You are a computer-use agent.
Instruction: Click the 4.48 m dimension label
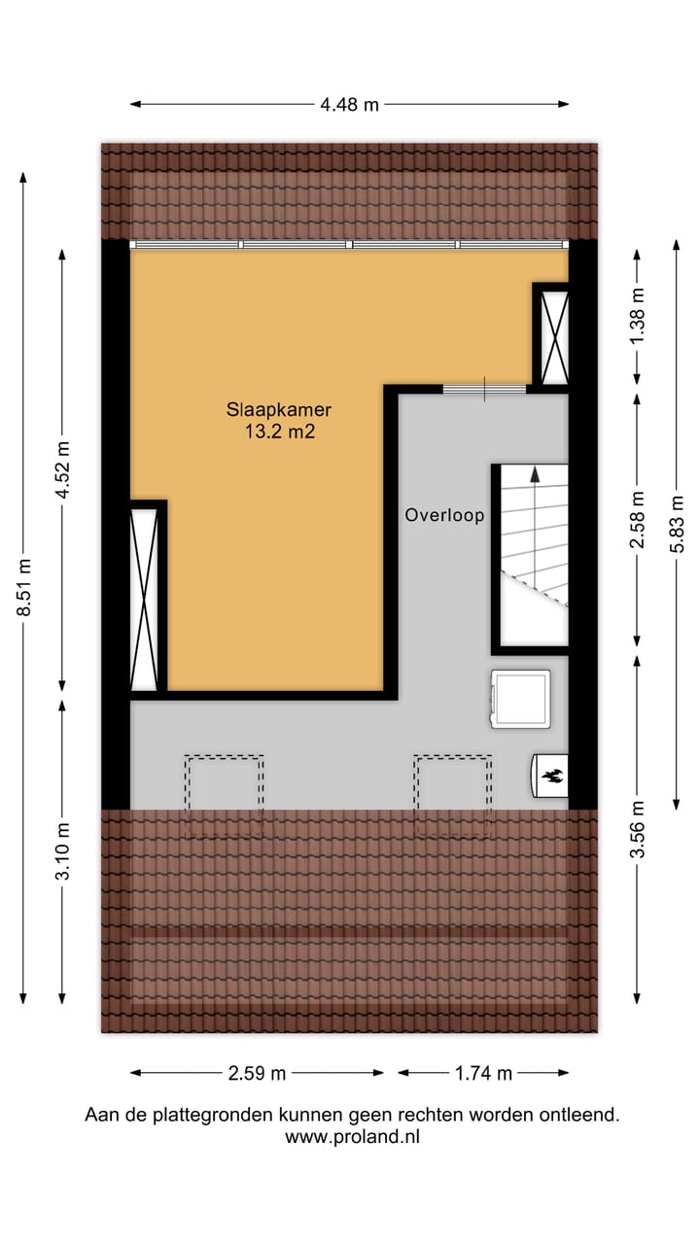coord(349,105)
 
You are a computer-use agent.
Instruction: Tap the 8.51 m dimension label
coord(24,587)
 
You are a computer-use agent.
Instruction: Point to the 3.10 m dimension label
coord(63,851)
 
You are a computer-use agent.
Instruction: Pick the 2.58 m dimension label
coord(638,520)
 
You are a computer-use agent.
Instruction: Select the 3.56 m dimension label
coord(638,828)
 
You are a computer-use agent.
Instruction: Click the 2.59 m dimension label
coord(257,1073)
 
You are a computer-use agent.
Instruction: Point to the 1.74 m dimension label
coord(483,1073)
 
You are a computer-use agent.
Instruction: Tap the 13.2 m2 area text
coord(279,432)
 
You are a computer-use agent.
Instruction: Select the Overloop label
coord(444,516)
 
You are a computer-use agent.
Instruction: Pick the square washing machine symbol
coord(520,698)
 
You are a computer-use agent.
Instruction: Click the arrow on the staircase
coord(534,474)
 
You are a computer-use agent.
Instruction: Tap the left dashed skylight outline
coord(224,795)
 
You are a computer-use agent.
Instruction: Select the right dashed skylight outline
coord(452,795)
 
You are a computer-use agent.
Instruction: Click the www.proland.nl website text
coord(352,1136)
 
